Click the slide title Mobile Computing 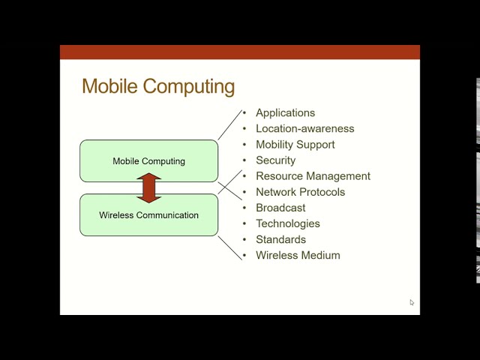[x=158, y=86]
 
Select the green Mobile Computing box [x=148, y=160]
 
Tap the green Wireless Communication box [x=148, y=215]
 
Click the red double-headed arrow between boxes [x=149, y=188]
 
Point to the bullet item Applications [x=285, y=113]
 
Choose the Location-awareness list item [x=304, y=129]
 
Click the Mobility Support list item [x=295, y=145]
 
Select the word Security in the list [x=275, y=160]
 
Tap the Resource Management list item [x=313, y=176]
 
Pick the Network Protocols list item [x=300, y=192]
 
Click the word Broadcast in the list [x=280, y=208]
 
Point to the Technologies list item [x=287, y=223]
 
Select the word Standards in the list [x=280, y=240]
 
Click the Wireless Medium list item [x=298, y=256]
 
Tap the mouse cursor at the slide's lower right [x=412, y=302]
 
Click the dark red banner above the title [x=239, y=52]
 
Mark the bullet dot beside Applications [x=244, y=113]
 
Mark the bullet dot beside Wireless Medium [x=244, y=256]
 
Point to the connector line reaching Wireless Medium [x=229, y=247]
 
